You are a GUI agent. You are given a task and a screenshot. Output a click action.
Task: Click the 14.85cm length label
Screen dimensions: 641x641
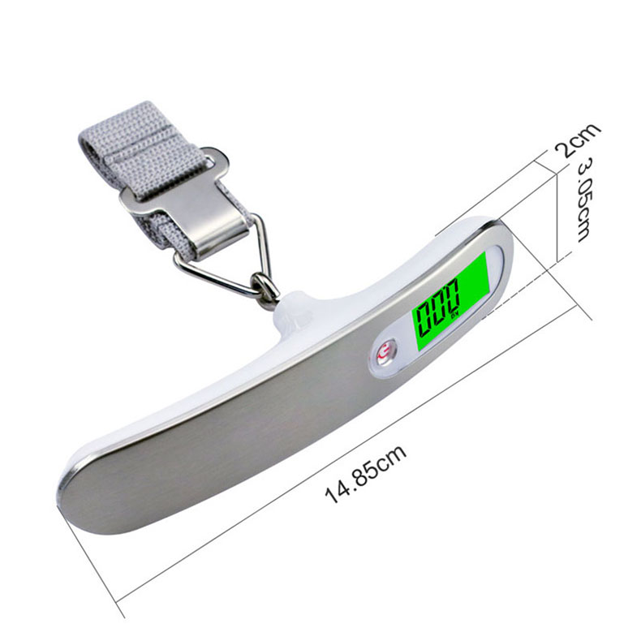point(365,474)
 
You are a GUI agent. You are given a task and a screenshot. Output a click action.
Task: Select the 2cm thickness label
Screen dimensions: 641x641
point(578,140)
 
